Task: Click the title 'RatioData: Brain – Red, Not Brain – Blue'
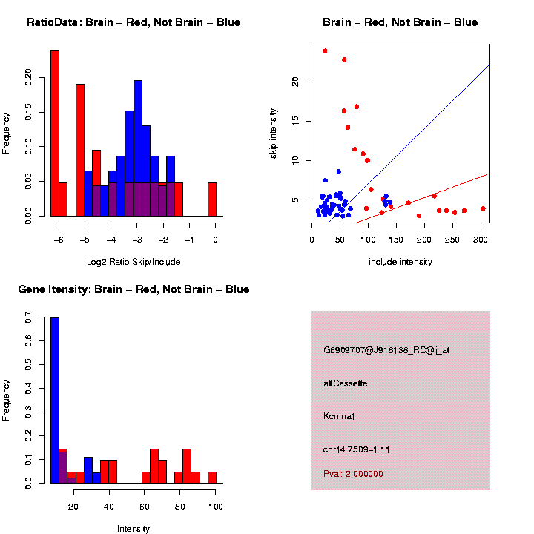(133, 22)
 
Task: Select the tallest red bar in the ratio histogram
(55, 133)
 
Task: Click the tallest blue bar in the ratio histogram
(138, 148)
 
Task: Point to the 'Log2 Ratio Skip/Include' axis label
(133, 261)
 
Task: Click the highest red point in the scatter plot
(325, 50)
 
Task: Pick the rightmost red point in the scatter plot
(483, 209)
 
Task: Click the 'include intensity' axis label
(400, 261)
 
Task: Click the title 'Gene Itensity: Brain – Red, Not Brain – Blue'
(133, 289)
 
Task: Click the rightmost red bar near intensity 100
(212, 478)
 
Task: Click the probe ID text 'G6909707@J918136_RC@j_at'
(386, 350)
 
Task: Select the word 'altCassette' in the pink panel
(346, 383)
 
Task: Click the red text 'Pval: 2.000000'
(353, 474)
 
